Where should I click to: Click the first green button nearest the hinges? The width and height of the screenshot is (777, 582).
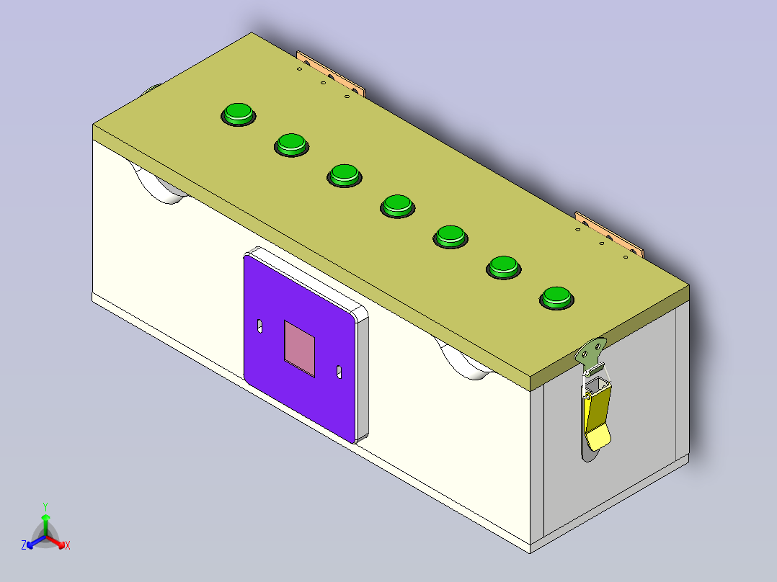point(237,113)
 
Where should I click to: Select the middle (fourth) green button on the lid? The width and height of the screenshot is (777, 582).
point(397,205)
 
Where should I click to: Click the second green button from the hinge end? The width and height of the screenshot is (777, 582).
point(291,143)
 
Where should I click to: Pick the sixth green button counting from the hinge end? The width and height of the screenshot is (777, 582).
point(503,266)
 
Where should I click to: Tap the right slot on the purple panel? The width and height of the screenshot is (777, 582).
point(339,372)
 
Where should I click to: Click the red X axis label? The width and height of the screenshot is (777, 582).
point(68,546)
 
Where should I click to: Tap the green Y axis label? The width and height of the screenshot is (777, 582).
point(45,506)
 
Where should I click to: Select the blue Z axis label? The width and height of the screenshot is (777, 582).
point(24,546)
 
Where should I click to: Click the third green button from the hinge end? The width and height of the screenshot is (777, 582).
point(344,174)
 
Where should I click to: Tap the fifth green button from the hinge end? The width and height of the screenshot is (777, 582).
point(450,235)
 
